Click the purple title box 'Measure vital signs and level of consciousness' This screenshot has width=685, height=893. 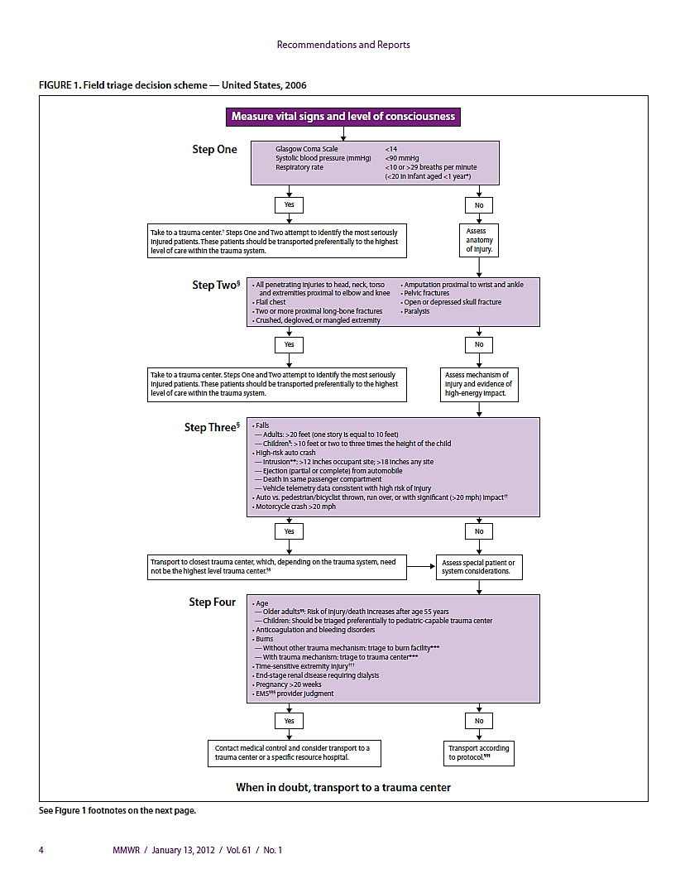(342, 117)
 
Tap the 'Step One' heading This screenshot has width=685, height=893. (214, 150)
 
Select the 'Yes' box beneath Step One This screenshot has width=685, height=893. (289, 204)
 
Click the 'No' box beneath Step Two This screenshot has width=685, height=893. (479, 343)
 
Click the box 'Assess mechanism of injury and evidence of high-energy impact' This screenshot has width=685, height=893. (480, 384)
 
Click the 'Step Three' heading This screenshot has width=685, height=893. (211, 428)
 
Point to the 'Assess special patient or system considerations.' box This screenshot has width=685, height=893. (479, 566)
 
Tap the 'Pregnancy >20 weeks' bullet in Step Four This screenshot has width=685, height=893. (290, 684)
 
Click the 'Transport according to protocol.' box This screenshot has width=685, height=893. (479, 752)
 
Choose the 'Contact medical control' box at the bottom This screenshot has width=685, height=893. (295, 752)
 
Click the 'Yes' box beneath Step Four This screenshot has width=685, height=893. (289, 721)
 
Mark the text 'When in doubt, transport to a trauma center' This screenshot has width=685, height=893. (343, 787)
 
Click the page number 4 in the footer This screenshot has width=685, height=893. (41, 849)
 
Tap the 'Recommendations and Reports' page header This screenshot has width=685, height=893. (342, 45)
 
